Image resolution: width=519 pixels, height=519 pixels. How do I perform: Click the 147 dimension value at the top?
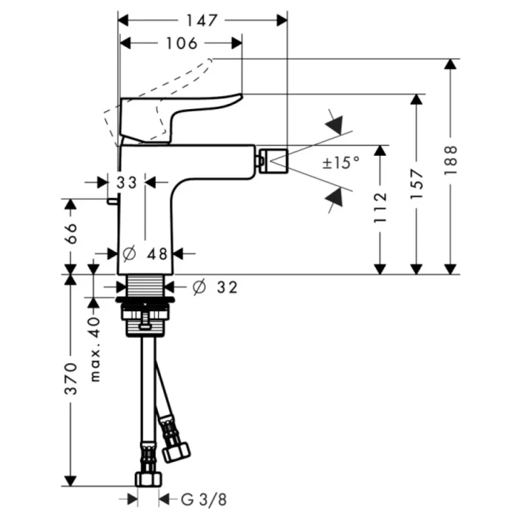point(202,21)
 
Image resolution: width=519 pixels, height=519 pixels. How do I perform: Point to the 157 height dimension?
point(417,183)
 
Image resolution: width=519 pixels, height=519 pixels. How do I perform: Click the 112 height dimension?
point(380,208)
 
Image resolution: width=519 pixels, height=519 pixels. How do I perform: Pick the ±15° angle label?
point(340,162)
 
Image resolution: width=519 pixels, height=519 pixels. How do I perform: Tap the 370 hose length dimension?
point(71,378)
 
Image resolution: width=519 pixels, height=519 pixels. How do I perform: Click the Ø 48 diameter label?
point(147,254)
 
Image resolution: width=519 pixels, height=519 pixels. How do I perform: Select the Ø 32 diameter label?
point(215,287)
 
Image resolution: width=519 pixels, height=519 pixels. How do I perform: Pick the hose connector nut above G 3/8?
point(149,477)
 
